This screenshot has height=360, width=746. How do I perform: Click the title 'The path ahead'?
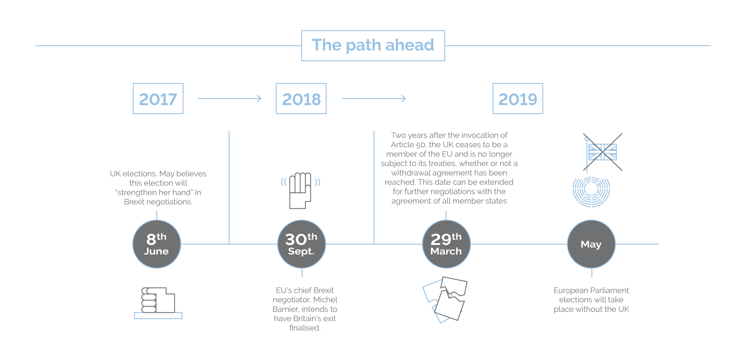[x=373, y=45]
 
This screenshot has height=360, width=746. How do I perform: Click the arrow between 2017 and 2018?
[x=230, y=99]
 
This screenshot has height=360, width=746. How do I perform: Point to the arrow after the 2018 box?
[x=374, y=99]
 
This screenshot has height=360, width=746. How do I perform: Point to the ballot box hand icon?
[x=158, y=303]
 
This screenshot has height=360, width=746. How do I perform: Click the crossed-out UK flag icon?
[x=602, y=152]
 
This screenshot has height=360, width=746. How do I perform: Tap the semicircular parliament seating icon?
[x=591, y=192]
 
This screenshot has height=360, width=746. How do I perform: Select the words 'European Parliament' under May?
[x=591, y=290]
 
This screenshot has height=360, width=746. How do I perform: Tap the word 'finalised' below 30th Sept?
[x=304, y=328]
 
